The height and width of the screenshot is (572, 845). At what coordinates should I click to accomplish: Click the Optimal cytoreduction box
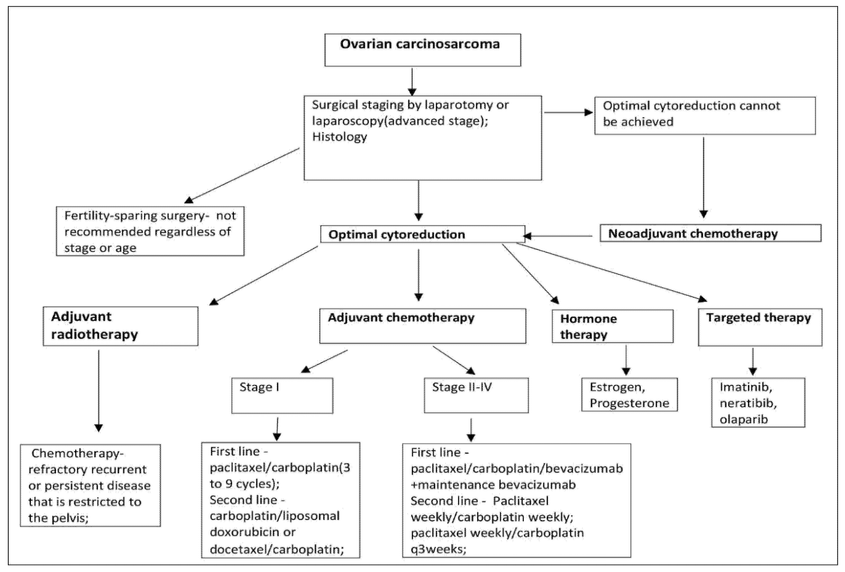422,234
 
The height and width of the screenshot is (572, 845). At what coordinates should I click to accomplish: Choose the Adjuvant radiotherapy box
120,326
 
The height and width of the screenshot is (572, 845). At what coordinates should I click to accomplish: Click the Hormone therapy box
612,326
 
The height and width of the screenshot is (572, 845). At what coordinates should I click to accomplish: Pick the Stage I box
282,395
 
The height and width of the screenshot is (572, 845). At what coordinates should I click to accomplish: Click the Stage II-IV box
476,395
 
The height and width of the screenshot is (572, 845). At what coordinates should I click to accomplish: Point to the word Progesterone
629,403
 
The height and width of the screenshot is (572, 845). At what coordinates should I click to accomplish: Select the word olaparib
743,419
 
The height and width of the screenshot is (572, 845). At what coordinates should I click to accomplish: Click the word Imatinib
745,387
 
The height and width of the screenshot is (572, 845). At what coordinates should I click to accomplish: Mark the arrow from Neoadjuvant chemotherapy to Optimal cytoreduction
558,236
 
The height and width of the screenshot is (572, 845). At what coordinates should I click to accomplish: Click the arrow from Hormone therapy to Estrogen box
626,360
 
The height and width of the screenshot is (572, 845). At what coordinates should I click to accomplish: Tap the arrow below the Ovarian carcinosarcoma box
412,82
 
